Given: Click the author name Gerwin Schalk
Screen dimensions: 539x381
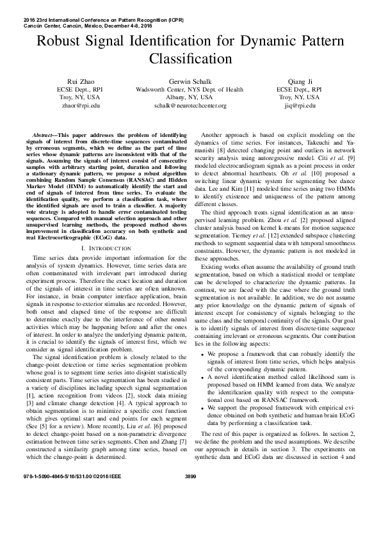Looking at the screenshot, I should pos(190,81).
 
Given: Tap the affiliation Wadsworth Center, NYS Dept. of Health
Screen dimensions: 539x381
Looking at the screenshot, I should pos(190,90).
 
